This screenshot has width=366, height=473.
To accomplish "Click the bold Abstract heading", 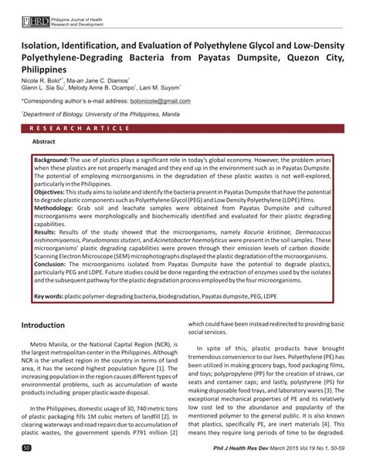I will (43, 142).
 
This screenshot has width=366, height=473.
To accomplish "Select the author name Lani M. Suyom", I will (157, 87).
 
